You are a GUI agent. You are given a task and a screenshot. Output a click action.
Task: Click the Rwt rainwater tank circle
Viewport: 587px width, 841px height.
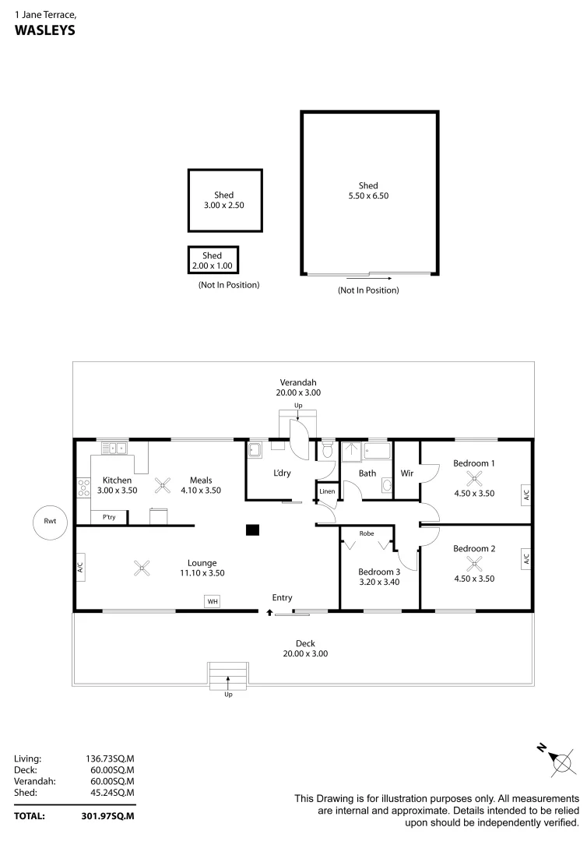tap(51, 521)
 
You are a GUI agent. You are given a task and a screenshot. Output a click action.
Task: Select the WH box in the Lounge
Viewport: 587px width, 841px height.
tap(212, 600)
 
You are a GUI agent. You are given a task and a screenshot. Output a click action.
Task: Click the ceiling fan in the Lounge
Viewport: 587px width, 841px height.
tap(141, 568)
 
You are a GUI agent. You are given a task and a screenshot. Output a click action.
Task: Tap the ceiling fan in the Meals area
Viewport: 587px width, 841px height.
tap(162, 486)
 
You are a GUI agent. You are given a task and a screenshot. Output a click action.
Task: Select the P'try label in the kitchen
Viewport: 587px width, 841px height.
tap(109, 517)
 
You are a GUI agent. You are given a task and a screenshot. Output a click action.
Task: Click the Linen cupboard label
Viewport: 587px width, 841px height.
tap(327, 491)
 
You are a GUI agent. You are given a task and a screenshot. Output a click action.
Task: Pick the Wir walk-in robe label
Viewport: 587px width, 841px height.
tap(406, 473)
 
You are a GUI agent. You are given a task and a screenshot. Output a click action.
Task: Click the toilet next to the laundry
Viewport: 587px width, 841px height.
tap(328, 451)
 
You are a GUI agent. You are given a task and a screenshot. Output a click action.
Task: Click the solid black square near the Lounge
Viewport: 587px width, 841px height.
tap(251, 530)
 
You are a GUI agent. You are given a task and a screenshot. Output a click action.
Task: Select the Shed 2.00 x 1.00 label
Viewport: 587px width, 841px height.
tap(213, 260)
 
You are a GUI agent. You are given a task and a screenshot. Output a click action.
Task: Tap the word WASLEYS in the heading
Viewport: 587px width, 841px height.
tap(44, 30)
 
